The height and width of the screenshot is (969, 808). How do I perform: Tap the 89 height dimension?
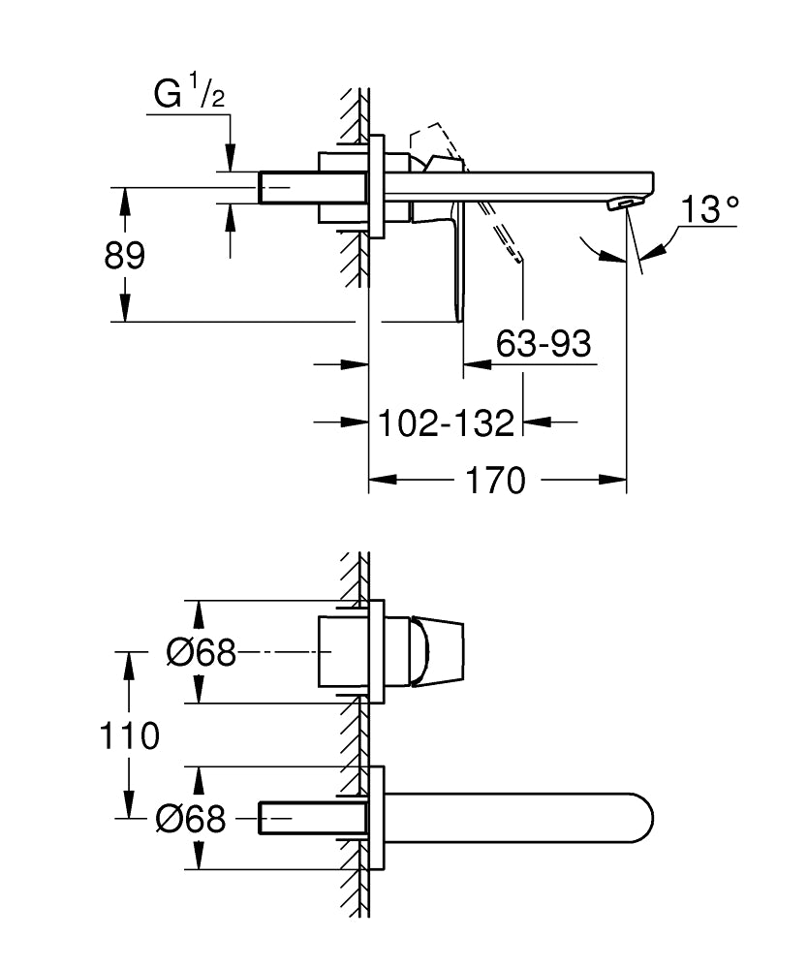click(124, 256)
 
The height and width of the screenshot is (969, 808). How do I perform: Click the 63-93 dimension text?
click(544, 343)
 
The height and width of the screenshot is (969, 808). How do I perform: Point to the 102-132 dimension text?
click(446, 422)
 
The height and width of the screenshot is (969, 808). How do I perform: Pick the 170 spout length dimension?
click(495, 480)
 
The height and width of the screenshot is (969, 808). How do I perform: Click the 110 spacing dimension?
click(129, 735)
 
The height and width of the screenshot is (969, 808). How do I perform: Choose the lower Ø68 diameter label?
click(190, 820)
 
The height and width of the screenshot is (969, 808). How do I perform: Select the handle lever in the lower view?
click(437, 652)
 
